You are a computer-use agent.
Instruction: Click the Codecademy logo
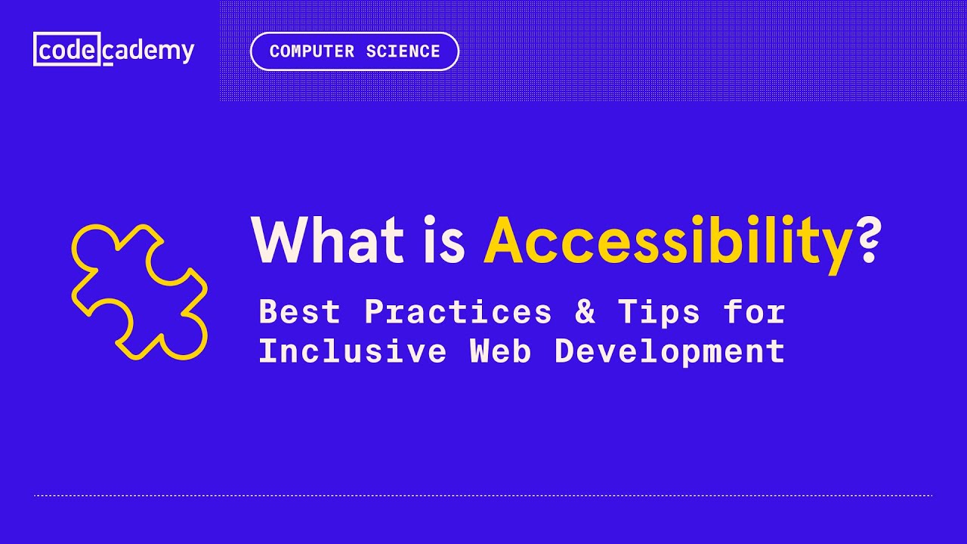(114, 50)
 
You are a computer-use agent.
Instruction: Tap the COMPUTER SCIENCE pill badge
(354, 51)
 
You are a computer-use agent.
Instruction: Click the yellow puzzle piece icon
(140, 291)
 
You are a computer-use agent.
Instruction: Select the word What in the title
(327, 241)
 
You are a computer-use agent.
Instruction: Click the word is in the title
(443, 241)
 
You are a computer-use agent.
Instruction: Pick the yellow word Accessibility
(668, 241)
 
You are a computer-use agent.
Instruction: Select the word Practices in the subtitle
(459, 312)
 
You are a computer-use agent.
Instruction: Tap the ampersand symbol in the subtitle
(585, 312)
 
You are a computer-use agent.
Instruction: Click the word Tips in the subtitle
(659, 312)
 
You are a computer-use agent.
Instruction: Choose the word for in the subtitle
(754, 312)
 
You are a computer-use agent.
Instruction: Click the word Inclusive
(353, 351)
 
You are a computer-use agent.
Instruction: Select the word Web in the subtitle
(501, 351)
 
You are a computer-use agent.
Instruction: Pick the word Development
(669, 351)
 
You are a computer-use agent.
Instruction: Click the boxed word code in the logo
(67, 50)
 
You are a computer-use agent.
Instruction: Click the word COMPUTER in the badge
(311, 51)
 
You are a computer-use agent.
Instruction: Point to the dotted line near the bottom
(483, 496)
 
